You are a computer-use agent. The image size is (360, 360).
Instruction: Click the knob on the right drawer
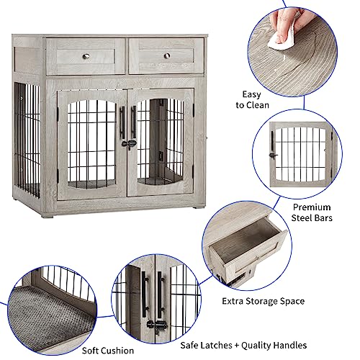point(166,55)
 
